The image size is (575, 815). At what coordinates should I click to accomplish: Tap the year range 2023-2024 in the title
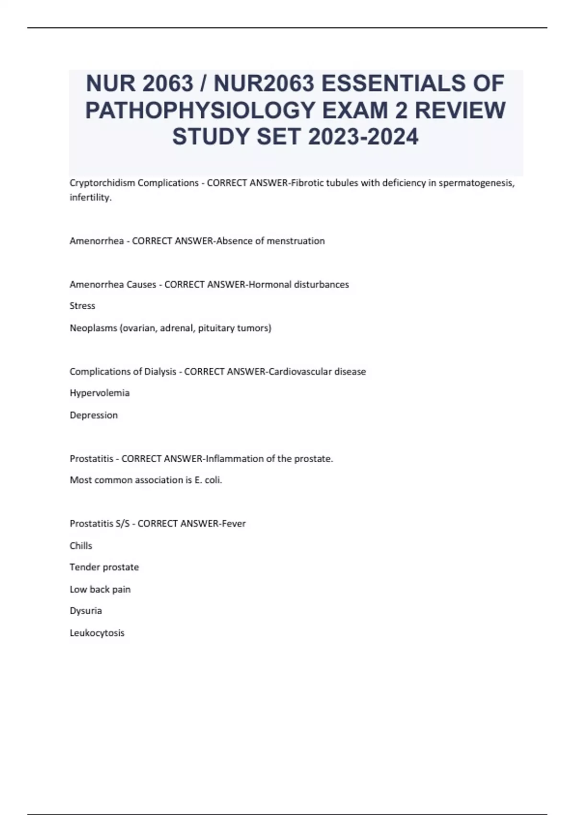pos(364,137)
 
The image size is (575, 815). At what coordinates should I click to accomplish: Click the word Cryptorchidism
pos(102,183)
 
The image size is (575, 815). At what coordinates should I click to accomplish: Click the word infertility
pos(90,197)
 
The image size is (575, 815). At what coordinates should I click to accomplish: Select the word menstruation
pos(295,241)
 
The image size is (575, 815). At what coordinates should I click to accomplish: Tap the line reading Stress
pos(82,306)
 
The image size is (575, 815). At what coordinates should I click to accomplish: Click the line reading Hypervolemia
pos(100,393)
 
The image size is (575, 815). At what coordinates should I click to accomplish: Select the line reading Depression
pos(93,415)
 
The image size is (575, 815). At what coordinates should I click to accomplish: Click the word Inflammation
pos(234,459)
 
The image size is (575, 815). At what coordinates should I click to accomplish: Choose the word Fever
pos(234,524)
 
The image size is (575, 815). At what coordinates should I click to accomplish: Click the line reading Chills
pos(81,546)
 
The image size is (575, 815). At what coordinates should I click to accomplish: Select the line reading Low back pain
pos(100,589)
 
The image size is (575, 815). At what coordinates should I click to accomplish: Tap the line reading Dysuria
pos(86,611)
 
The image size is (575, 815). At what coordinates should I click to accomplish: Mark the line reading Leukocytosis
pos(97,633)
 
